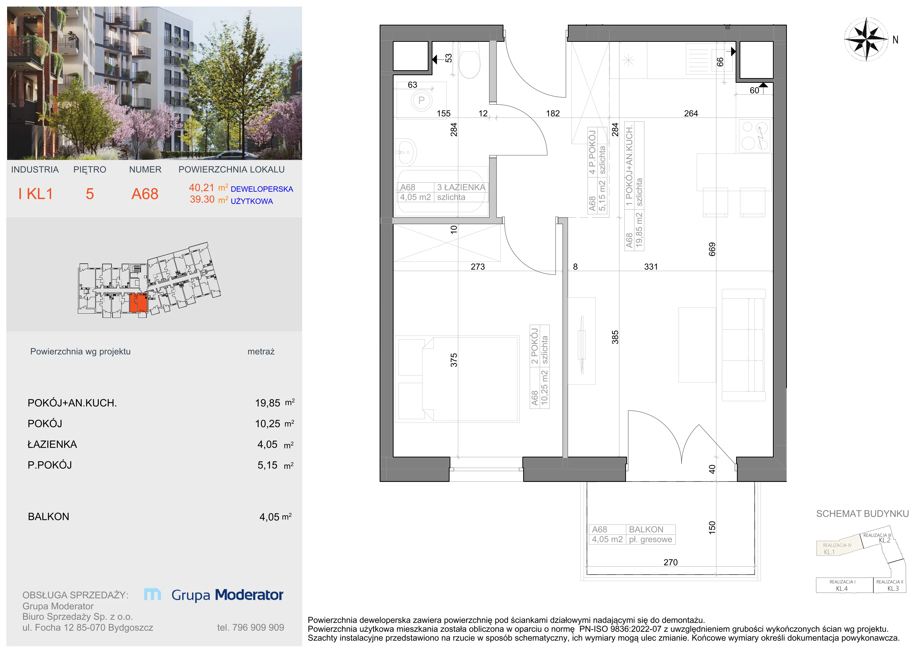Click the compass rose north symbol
[x=866, y=39]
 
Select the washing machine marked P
[x=421, y=100]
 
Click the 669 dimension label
[x=712, y=249]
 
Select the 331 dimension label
[x=651, y=267]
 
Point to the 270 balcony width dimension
[x=671, y=562]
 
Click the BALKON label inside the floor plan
[x=646, y=529]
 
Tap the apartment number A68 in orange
[x=145, y=194]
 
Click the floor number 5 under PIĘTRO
[x=90, y=194]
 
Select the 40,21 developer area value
[x=202, y=187]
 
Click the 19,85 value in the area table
[x=267, y=403]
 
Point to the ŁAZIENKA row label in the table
[x=52, y=444]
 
